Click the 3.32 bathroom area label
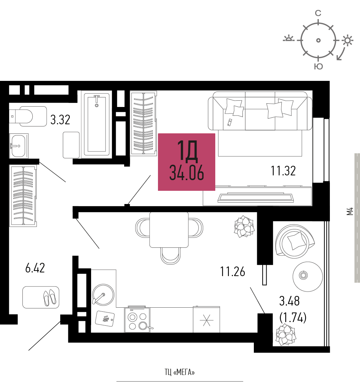60,119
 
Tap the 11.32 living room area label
283,171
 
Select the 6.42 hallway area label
35,268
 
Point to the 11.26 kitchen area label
233,272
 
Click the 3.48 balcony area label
289,301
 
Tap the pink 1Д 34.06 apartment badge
187,162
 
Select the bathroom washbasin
19,146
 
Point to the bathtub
97,125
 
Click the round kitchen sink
103,295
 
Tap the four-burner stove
137,320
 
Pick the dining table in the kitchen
169,230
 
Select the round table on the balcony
307,276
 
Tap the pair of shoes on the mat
50,297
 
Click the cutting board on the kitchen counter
105,319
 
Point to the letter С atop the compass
318,13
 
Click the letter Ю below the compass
318,67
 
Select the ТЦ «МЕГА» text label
180,372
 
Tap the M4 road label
350,211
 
